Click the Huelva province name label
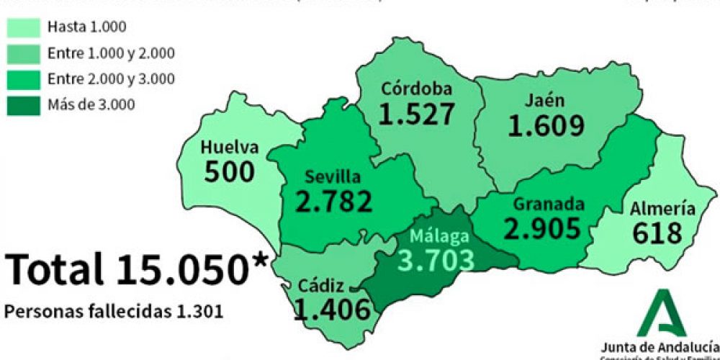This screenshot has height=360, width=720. (x=229, y=148)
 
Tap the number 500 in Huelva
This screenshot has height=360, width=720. (x=229, y=171)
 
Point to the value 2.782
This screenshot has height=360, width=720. (x=334, y=201)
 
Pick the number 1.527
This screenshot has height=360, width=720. (x=418, y=114)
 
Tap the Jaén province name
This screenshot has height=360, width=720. (x=545, y=101)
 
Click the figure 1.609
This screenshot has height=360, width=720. (x=546, y=126)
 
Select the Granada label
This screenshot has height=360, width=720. (x=549, y=204)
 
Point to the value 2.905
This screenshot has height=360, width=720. (x=542, y=228)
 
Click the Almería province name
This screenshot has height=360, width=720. (x=662, y=209)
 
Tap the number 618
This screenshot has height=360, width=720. (x=657, y=233)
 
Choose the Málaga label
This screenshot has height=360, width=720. (x=439, y=236)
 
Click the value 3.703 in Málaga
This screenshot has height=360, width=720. (x=438, y=259)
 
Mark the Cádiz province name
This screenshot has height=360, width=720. (x=323, y=286)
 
